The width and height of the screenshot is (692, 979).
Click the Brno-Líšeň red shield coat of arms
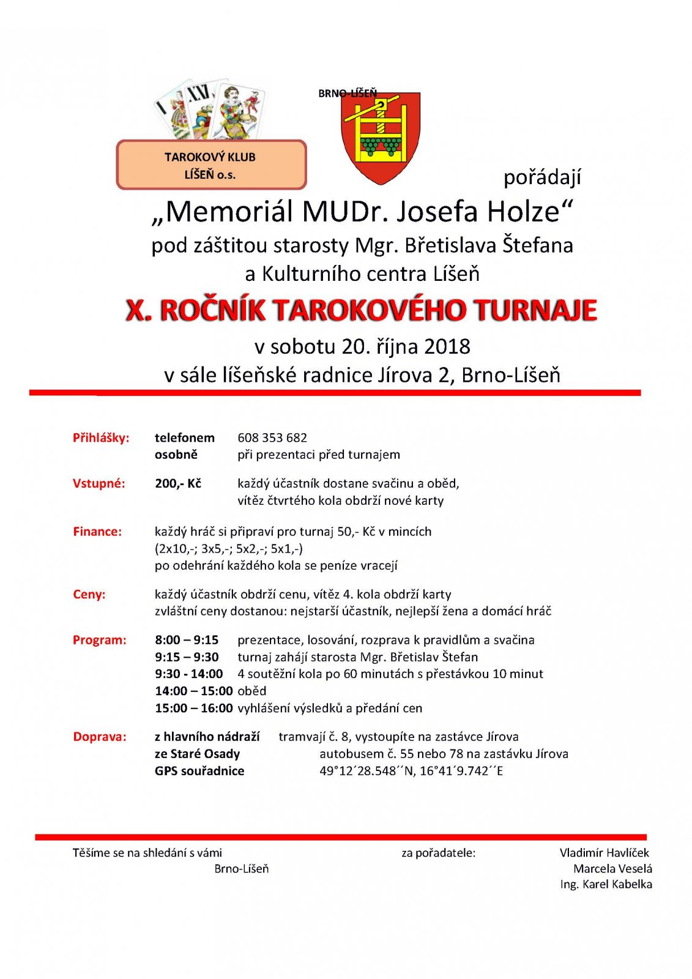(381, 138)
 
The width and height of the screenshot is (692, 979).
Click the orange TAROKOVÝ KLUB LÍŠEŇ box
(211, 165)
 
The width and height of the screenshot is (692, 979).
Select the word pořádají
(542, 177)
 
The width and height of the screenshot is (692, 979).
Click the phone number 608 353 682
(272, 437)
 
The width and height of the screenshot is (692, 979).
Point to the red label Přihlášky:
(101, 437)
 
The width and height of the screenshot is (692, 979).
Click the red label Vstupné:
(99, 483)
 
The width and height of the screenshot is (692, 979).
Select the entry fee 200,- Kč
(178, 483)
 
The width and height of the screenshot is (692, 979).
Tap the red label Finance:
(97, 532)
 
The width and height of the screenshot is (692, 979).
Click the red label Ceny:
(89, 594)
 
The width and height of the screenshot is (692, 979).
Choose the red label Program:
(100, 640)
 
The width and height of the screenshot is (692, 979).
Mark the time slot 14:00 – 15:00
(193, 691)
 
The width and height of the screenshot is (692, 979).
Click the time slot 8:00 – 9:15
(187, 640)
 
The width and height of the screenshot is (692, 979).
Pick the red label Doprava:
(100, 737)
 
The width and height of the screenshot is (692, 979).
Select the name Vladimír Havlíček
(604, 852)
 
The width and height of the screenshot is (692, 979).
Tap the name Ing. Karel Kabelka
(606, 884)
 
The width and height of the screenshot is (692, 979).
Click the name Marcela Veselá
(612, 868)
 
